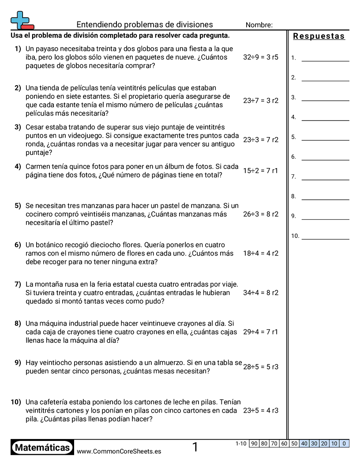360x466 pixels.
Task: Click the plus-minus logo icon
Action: click(21, 20)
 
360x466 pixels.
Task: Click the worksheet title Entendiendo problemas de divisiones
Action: click(145, 25)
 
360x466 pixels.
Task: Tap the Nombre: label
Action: click(259, 25)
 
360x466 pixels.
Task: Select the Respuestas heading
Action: click(319, 36)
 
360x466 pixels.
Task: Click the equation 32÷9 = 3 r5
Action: click(261, 57)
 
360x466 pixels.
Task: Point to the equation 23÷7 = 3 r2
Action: click(261, 101)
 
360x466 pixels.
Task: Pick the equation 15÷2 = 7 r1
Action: click(261, 171)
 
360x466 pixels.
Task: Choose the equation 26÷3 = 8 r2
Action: click(261, 214)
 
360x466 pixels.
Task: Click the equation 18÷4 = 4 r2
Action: click(261, 253)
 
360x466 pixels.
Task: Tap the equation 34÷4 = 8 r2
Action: click(261, 293)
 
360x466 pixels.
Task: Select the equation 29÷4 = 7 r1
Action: click(261, 332)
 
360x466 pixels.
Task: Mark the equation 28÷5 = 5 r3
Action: click(261, 367)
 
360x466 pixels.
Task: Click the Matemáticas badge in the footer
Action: click(42, 448)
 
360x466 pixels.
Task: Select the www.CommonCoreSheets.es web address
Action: click(119, 451)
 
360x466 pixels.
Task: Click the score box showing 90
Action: click(254, 443)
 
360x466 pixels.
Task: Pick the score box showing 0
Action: click(344, 443)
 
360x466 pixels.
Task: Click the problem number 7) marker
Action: click(18, 284)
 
